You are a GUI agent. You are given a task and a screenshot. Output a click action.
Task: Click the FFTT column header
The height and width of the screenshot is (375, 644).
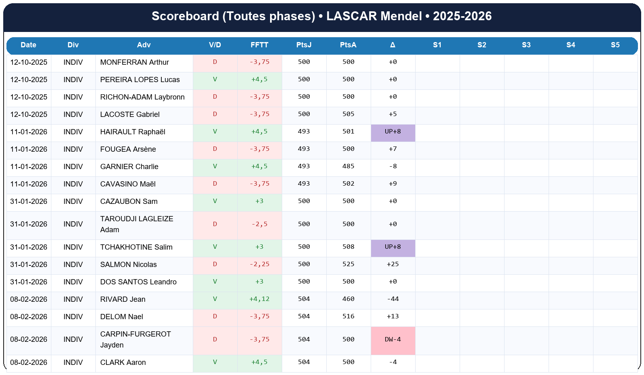pyautogui.click(x=259, y=45)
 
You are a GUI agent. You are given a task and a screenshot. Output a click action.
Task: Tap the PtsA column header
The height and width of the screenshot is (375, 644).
pyautogui.click(x=348, y=45)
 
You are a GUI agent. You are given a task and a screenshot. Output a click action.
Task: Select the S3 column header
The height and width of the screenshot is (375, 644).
pyautogui.click(x=526, y=45)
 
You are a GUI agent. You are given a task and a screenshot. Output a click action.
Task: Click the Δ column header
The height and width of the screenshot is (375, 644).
pyautogui.click(x=393, y=45)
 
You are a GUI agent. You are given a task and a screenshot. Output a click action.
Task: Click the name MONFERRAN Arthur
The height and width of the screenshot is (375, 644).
pyautogui.click(x=134, y=62)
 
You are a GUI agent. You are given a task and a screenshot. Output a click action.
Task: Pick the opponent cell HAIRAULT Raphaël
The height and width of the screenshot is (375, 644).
pyautogui.click(x=133, y=132)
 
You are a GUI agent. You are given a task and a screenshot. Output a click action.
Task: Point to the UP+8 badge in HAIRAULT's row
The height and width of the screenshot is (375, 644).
pyautogui.click(x=393, y=132)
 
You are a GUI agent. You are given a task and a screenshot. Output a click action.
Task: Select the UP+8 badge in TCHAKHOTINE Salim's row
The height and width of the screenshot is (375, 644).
pyautogui.click(x=393, y=247)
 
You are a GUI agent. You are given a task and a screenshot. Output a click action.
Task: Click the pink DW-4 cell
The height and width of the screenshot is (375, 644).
pyautogui.click(x=393, y=340)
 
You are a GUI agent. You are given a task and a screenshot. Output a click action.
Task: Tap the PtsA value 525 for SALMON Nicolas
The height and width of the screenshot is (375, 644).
pyautogui.click(x=348, y=265)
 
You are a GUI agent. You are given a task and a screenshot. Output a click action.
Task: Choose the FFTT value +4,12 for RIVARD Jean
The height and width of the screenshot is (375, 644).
pyautogui.click(x=259, y=299)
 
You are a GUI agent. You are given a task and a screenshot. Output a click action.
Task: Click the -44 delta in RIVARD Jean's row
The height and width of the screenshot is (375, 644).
pyautogui.click(x=393, y=299)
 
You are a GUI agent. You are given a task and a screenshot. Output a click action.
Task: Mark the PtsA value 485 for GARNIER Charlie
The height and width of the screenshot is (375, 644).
pyautogui.click(x=348, y=167)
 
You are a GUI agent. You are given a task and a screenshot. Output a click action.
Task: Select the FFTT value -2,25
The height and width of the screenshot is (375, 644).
pyautogui.click(x=259, y=265)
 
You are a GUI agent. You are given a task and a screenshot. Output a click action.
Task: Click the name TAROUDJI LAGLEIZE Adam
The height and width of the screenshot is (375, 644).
pyautogui.click(x=137, y=224)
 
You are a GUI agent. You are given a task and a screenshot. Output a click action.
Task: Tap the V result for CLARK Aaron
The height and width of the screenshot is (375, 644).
pyautogui.click(x=215, y=362)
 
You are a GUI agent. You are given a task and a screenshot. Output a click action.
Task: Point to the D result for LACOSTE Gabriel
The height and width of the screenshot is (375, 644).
pyautogui.click(x=215, y=114)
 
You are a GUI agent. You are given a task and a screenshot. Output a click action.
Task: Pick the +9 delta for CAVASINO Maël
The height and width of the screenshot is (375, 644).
pyautogui.click(x=393, y=184)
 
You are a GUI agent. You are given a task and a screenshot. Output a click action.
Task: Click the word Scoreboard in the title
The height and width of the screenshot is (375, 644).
pyautogui.click(x=185, y=16)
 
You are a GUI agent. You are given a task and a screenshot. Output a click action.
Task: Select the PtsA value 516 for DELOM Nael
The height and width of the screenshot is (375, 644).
pyautogui.click(x=348, y=317)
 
